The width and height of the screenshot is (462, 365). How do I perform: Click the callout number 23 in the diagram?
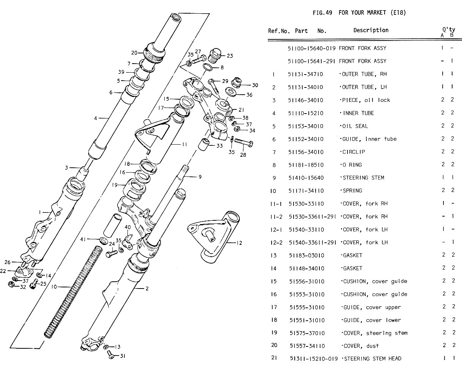tap(230, 56)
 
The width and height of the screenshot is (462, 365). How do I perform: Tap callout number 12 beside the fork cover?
tap(239, 243)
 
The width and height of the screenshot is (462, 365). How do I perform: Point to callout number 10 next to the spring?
tap(54, 287)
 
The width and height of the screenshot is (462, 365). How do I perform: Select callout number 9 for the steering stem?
tap(200, 176)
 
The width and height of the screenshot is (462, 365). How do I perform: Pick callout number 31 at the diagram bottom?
tap(122, 356)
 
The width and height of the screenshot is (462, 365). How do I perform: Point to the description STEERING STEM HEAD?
tap(371, 359)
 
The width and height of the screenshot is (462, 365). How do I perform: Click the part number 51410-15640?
tap(306, 178)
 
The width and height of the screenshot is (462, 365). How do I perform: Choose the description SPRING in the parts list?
tap(352, 191)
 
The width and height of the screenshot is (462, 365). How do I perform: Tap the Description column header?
tap(371, 30)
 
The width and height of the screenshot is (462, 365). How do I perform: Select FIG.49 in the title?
tap(322, 13)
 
